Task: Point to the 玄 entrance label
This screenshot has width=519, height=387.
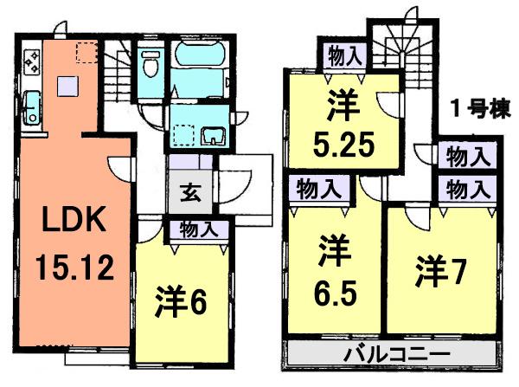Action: [x=189, y=192]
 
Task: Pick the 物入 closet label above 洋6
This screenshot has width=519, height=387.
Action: [x=199, y=229]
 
